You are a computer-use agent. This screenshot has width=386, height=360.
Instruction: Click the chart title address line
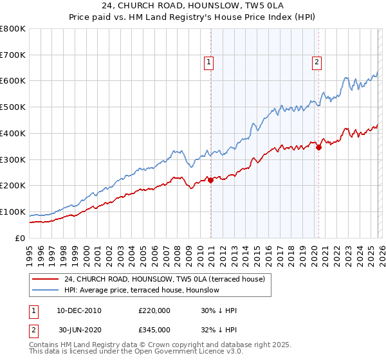pyautogui.click(x=193, y=6)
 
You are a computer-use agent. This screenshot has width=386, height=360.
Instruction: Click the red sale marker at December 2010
pyautogui.click(x=210, y=181)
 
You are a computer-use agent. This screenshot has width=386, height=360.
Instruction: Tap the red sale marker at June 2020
pyautogui.click(x=318, y=147)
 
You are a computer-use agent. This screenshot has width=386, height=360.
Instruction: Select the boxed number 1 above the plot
pyautogui.click(x=210, y=62)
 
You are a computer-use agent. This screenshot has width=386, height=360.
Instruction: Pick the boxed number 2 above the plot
pyautogui.click(x=318, y=62)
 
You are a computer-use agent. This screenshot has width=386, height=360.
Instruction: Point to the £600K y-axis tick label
pyautogui.click(x=13, y=81)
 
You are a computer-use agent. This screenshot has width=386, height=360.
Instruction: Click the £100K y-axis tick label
pyautogui.click(x=13, y=212)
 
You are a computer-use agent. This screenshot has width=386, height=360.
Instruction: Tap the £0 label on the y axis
pyautogui.click(x=21, y=238)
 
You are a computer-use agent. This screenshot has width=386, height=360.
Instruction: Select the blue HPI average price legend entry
pyautogui.click(x=142, y=290)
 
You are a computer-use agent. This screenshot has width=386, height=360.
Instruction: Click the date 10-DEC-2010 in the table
pyautogui.click(x=79, y=310)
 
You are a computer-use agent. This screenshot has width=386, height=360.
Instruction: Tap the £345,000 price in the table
pyautogui.click(x=154, y=329)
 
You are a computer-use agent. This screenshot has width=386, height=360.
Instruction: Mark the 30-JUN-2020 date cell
pyautogui.click(x=79, y=329)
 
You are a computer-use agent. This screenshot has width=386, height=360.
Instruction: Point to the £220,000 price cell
pyautogui.click(x=154, y=310)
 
